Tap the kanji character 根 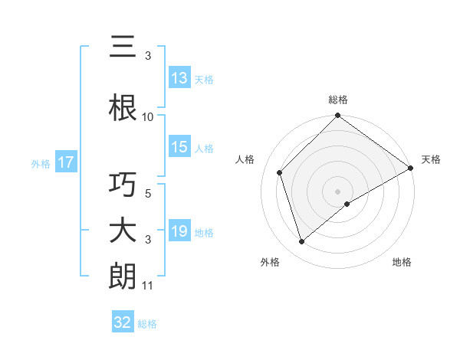point(123,108)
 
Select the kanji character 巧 point(123,185)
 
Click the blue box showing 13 point(179,78)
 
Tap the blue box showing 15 point(179,147)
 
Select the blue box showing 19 point(179,231)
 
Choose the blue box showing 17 point(65,162)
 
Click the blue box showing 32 point(123,322)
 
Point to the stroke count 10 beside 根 point(148,116)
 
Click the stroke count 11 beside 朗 point(148,286)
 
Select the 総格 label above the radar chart point(338,100)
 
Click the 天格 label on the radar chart point(431,159)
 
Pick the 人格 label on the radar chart point(245,159)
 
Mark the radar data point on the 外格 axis point(301,242)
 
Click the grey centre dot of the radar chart point(338,191)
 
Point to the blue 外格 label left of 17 point(41,163)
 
